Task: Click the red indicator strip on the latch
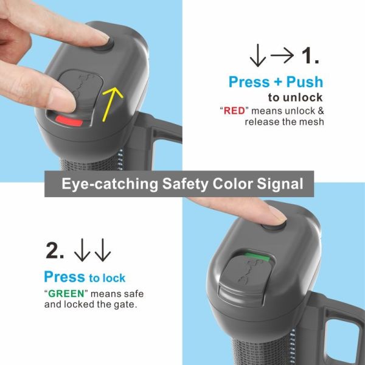click(69, 121)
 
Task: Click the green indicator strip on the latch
click(257, 257)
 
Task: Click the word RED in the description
click(234, 111)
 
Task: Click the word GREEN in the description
click(66, 294)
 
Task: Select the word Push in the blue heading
click(305, 82)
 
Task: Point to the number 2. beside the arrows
click(55, 250)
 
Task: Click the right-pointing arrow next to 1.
click(282, 55)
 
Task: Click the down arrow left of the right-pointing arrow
click(258, 55)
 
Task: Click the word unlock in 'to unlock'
click(302, 97)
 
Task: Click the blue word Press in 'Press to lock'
click(64, 277)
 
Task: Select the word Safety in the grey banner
click(185, 184)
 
